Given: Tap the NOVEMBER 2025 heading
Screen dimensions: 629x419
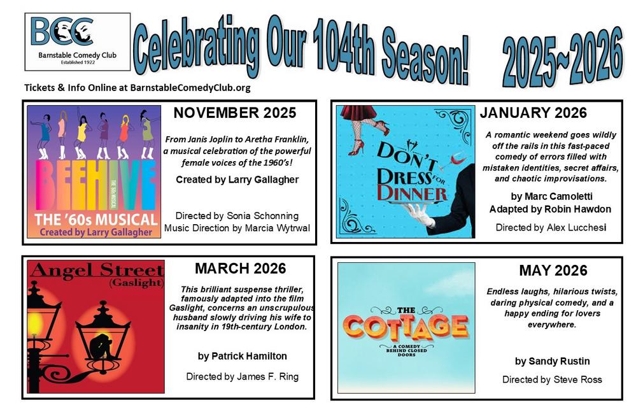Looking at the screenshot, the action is click(235, 113).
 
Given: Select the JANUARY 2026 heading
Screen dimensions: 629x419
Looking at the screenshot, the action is click(533, 113).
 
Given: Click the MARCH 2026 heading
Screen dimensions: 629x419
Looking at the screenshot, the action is click(240, 269).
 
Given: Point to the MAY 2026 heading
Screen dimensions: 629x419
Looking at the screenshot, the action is click(553, 271).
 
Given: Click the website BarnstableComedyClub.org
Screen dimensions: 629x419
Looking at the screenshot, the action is click(190, 88).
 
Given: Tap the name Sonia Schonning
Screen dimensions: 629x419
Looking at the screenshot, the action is click(263, 216).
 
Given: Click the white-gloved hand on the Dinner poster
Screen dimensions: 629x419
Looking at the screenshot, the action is click(419, 213).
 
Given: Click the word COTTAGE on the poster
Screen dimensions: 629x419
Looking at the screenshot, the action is click(406, 326).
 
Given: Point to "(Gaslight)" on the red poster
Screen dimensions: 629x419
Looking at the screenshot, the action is click(136, 283).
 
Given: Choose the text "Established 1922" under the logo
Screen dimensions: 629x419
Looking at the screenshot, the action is click(78, 62).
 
